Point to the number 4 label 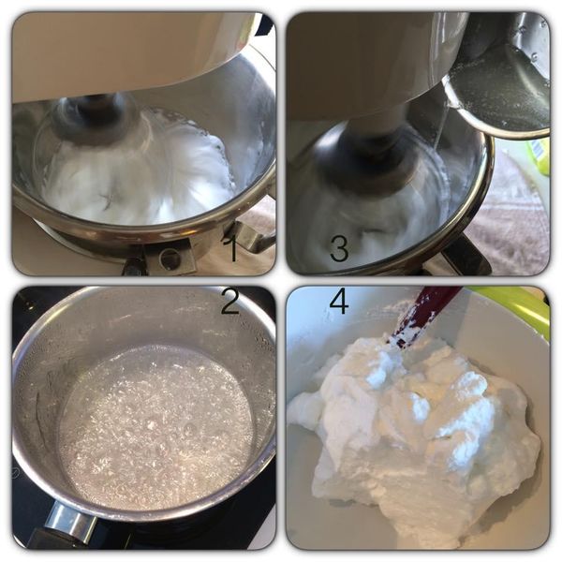[x=338, y=301]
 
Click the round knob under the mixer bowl [x=170, y=259]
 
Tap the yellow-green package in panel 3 [x=538, y=155]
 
